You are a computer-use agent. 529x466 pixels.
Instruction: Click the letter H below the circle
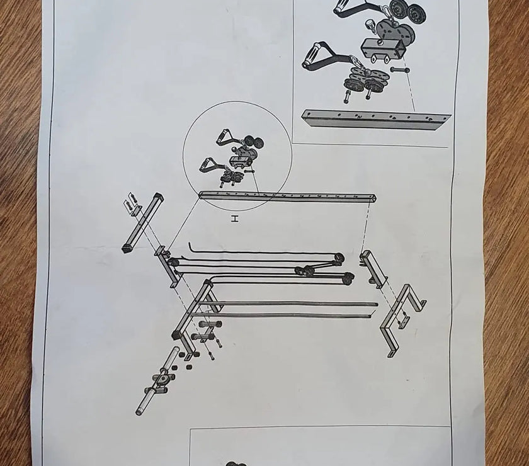click(x=235, y=219)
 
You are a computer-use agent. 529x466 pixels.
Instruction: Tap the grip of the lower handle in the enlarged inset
click(x=314, y=53)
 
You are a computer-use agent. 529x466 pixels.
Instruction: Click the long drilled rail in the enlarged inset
click(x=376, y=119)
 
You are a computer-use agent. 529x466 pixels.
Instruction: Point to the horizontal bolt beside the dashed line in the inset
click(x=400, y=70)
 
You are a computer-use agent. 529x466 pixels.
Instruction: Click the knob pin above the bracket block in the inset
click(x=371, y=25)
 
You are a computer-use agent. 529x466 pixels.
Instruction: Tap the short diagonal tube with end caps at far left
click(x=143, y=223)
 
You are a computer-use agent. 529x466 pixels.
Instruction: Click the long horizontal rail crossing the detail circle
click(x=287, y=196)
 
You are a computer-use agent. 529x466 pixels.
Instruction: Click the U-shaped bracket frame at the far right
click(x=402, y=320)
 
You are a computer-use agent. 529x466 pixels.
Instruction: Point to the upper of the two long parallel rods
click(x=289, y=303)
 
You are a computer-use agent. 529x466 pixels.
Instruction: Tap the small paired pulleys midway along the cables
click(x=304, y=271)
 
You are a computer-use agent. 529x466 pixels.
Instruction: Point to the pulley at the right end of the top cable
click(x=339, y=258)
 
